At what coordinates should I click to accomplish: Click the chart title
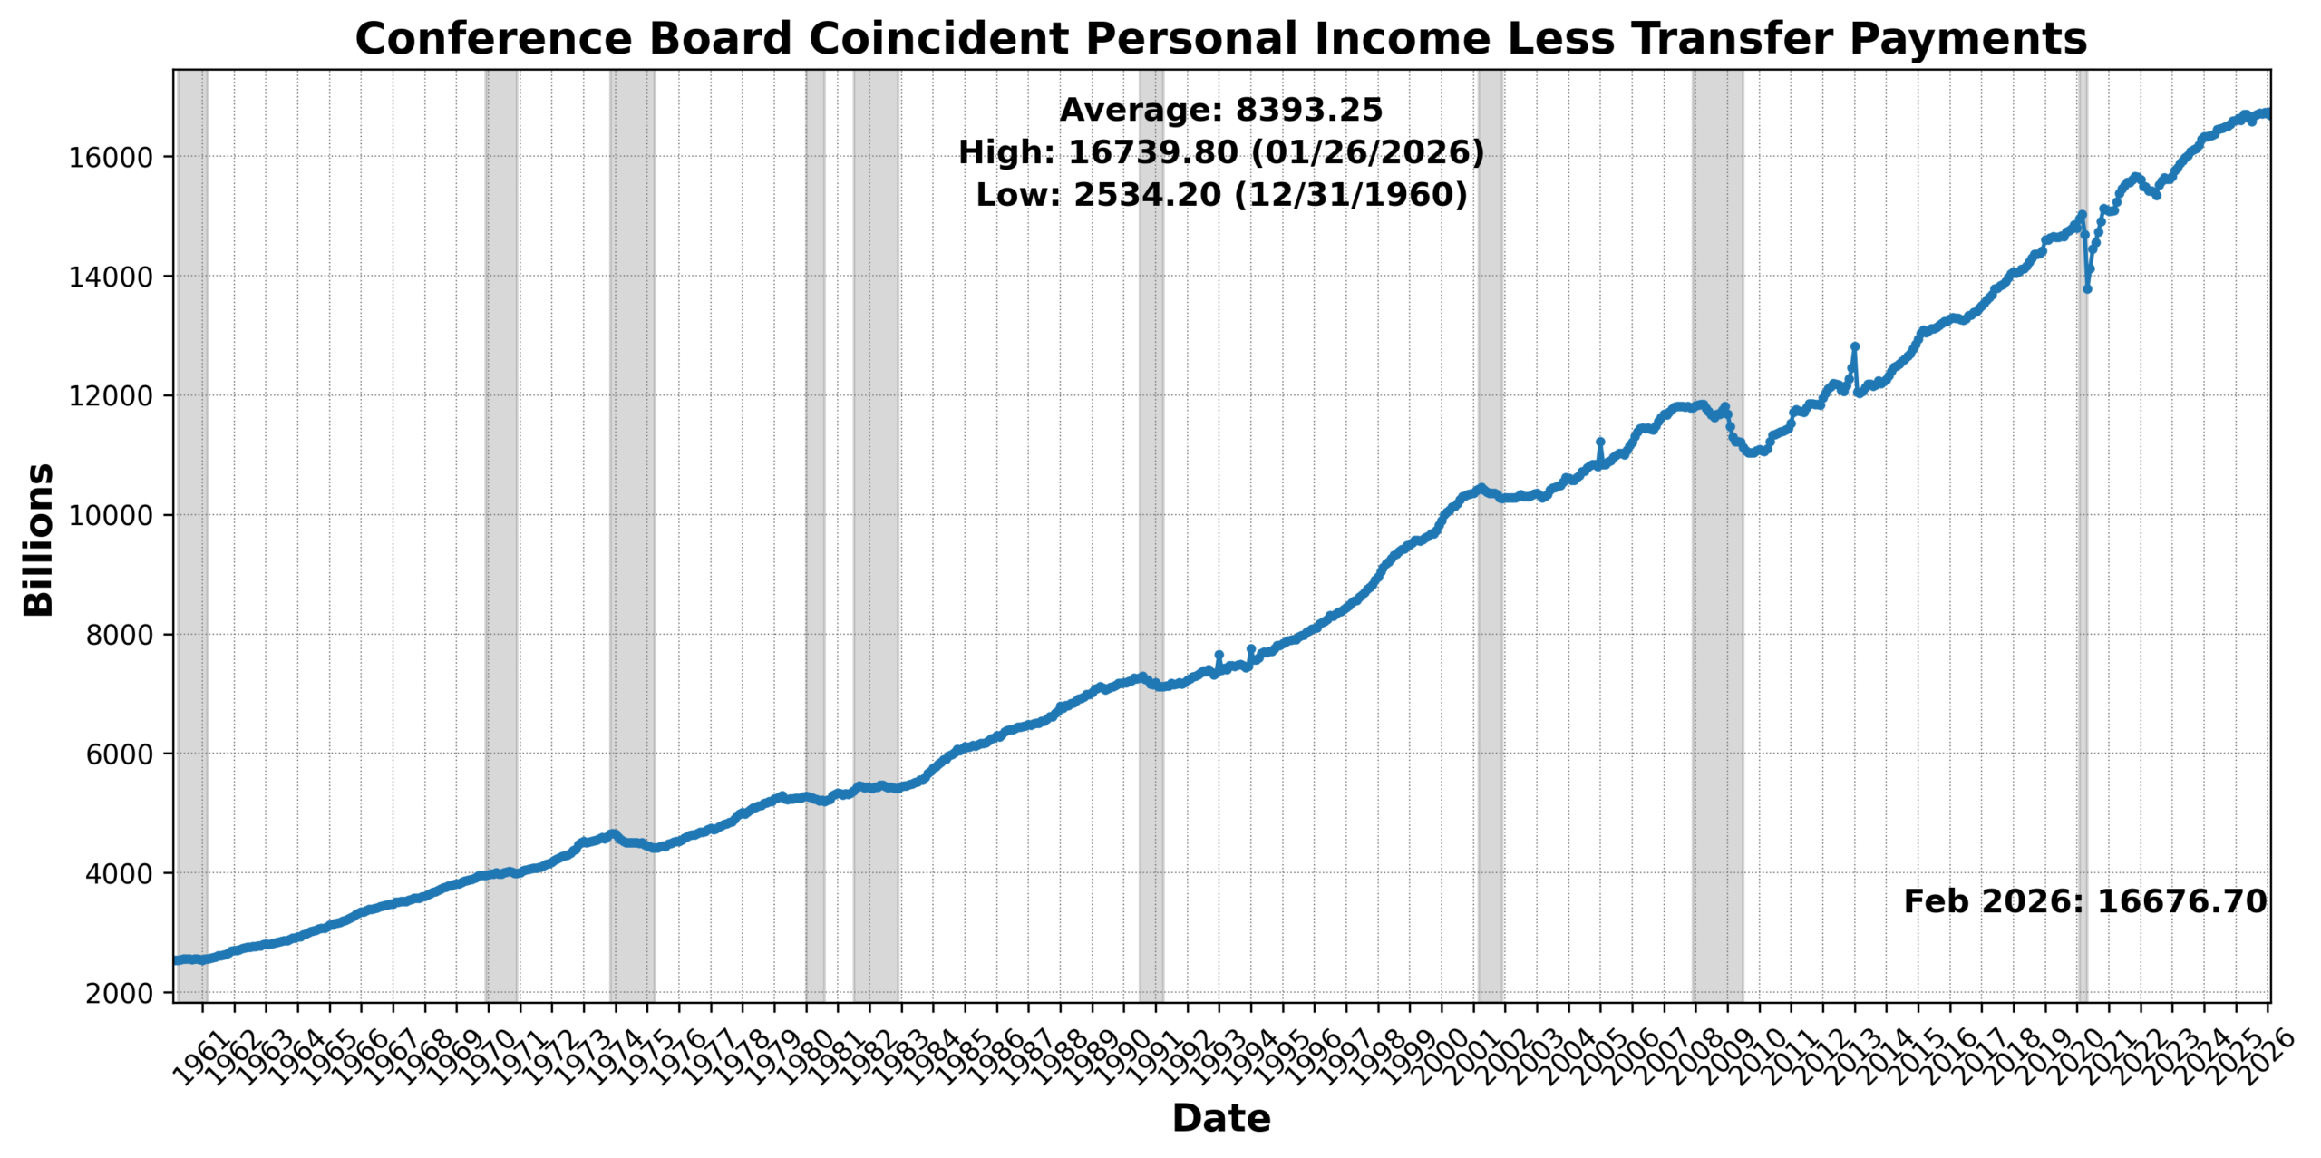1220,39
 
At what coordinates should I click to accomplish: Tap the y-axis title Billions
39,540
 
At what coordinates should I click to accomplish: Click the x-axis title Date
1220,1118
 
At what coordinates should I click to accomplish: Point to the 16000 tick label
112,157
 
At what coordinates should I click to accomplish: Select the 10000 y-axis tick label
112,515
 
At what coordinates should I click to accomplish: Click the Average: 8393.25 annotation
1220,110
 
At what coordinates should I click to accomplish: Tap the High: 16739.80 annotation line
1220,152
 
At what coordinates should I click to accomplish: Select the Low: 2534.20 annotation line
1220,194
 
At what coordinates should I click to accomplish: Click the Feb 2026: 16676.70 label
2084,901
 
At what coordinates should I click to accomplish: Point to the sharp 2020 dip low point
2087,288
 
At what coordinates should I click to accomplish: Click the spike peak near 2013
1855,346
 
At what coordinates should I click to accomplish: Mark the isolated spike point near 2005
1600,442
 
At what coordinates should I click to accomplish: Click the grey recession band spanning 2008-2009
1717,635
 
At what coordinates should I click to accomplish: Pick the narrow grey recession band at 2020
2083,635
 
